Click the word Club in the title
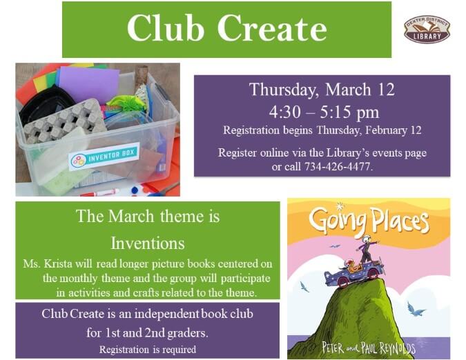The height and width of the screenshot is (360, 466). click(165, 28)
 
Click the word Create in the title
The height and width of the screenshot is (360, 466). click(271, 28)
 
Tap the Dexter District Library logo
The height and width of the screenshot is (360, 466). click(427, 29)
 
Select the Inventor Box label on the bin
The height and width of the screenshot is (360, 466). click(104, 157)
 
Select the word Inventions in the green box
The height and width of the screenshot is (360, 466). click(147, 243)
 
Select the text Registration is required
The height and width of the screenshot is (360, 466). click(147, 349)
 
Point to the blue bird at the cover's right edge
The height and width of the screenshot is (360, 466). click(416, 310)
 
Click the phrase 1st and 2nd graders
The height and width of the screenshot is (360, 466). click(147, 331)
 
